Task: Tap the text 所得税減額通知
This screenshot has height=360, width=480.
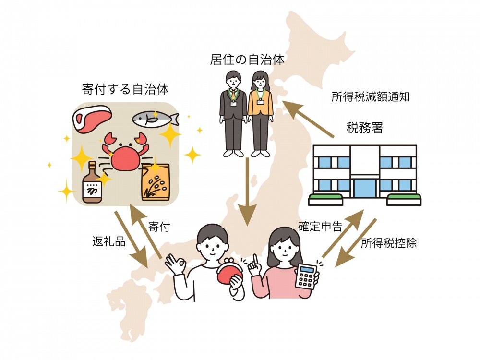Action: pyautogui.click(x=371, y=96)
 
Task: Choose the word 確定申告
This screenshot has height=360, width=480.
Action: pyautogui.click(x=320, y=226)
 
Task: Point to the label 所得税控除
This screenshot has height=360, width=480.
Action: pyautogui.click(x=388, y=243)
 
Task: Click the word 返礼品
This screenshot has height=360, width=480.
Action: pyautogui.click(x=109, y=241)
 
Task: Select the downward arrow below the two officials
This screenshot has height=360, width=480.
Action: pyautogui.click(x=247, y=192)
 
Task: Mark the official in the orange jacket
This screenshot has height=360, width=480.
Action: pyautogui.click(x=260, y=113)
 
